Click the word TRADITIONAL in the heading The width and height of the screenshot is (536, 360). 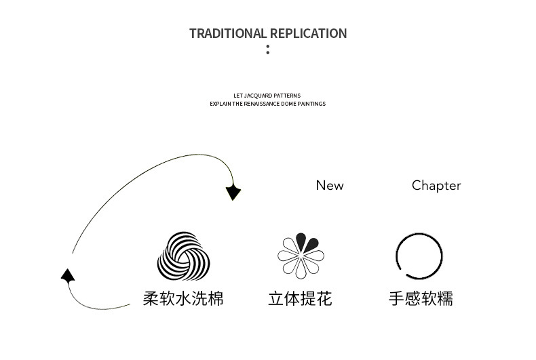(x=229, y=33)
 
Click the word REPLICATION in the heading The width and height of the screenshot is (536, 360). (x=308, y=33)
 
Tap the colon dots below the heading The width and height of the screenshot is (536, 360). (x=268, y=49)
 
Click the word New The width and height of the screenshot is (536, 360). (x=330, y=185)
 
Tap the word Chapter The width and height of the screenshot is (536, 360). (x=436, y=185)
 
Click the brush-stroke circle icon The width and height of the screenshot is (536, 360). (x=419, y=257)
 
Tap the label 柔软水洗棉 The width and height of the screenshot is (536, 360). (x=183, y=298)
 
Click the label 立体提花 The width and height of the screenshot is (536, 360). (x=300, y=298)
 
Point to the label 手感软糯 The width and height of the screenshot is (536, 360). (x=421, y=298)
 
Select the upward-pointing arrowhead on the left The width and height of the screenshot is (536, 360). (x=67, y=275)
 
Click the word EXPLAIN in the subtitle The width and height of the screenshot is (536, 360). (x=221, y=104)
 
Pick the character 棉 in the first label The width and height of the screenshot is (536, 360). (x=216, y=298)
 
